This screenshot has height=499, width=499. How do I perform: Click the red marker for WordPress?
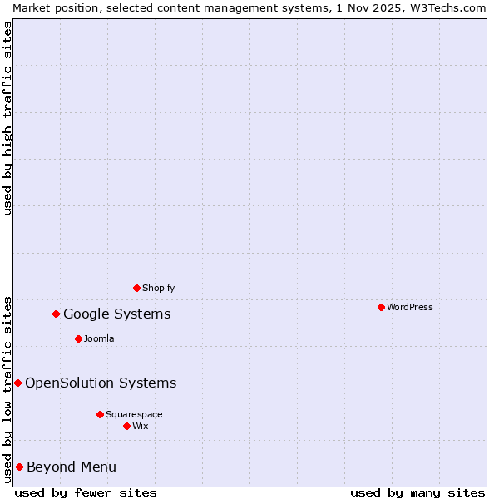tap(381, 307)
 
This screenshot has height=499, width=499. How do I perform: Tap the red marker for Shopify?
tap(136, 288)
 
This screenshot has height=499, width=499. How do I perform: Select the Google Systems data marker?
tap(57, 314)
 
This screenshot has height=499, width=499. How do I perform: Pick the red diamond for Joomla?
tap(78, 338)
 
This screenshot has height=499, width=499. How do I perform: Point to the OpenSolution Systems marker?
tap(17, 383)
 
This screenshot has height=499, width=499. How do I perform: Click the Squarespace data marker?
tap(100, 414)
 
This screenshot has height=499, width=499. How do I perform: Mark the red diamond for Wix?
tap(126, 426)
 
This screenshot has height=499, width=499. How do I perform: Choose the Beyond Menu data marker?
tap(19, 467)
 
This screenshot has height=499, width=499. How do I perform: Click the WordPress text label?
tap(410, 307)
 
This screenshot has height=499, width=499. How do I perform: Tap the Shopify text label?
tap(158, 288)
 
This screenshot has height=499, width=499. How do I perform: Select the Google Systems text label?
tap(117, 314)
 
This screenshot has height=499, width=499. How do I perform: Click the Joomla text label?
tap(99, 338)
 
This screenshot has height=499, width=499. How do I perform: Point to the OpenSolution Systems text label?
tap(101, 383)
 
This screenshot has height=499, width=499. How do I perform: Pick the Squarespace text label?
tap(134, 414)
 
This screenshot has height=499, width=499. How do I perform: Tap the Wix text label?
tap(140, 426)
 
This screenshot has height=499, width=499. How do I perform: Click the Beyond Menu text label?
tap(72, 467)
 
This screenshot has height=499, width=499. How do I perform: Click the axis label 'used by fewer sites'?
tap(86, 492)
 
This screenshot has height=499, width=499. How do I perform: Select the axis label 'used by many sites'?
tap(417, 492)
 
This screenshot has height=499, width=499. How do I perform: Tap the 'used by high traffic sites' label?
tap(7, 118)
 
